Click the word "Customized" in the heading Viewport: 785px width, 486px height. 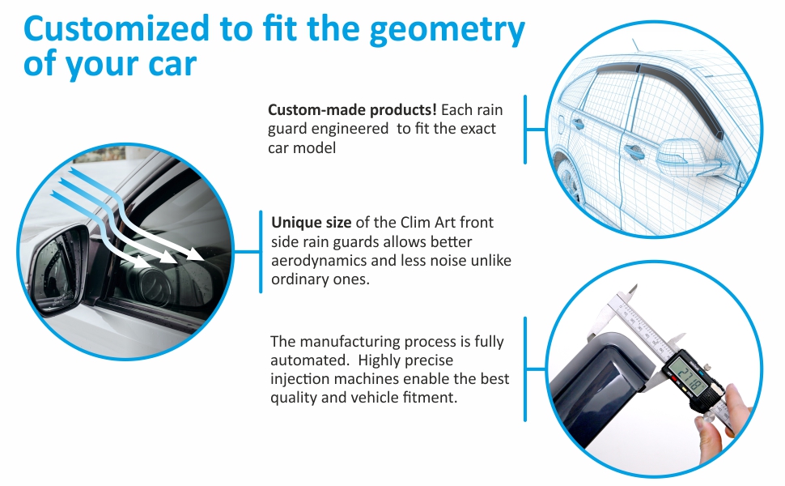tap(117, 28)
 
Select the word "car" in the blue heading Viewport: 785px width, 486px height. tap(172, 65)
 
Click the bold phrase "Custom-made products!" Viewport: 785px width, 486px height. tap(352, 109)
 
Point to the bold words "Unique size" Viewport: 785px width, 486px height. tap(311, 223)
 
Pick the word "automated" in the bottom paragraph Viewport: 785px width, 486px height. tap(308, 360)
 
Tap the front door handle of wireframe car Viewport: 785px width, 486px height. tap(634, 151)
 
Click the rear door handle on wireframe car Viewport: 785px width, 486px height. tap(578, 124)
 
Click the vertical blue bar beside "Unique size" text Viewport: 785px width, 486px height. tap(261, 252)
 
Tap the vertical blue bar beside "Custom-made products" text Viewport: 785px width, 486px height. tap(525, 130)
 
